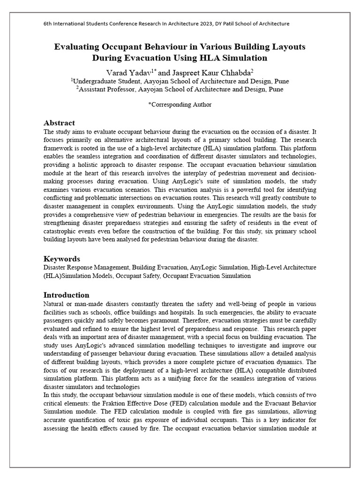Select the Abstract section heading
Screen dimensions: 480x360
pyautogui.click(x=59, y=123)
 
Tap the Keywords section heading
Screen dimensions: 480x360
pyautogui.click(x=62, y=259)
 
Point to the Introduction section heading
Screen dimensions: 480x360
pyautogui.click(x=66, y=295)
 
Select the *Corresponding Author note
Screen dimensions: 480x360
pyautogui.click(x=180, y=105)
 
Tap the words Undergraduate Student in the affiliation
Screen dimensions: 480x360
pyautogui.click(x=101, y=81)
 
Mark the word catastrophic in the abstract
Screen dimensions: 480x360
pyautogui.click(x=61, y=232)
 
